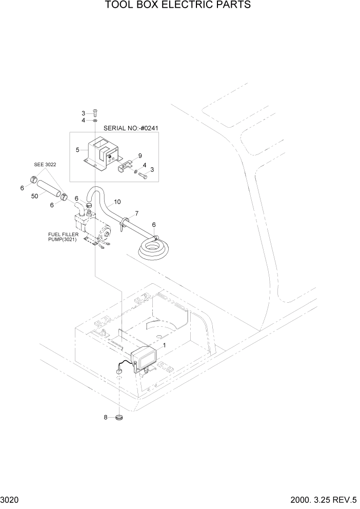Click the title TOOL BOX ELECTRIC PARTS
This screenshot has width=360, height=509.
pyautogui.click(x=178, y=6)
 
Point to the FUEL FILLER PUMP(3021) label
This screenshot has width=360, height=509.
pyautogui.click(x=62, y=237)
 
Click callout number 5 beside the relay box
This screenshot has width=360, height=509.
pyautogui.click(x=77, y=150)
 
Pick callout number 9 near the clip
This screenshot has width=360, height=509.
pyautogui.click(x=139, y=155)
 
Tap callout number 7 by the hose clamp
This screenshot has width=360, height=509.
pyautogui.click(x=137, y=213)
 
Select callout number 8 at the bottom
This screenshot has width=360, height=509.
pyautogui.click(x=106, y=418)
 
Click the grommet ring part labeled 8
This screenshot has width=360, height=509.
pyautogui.click(x=119, y=418)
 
